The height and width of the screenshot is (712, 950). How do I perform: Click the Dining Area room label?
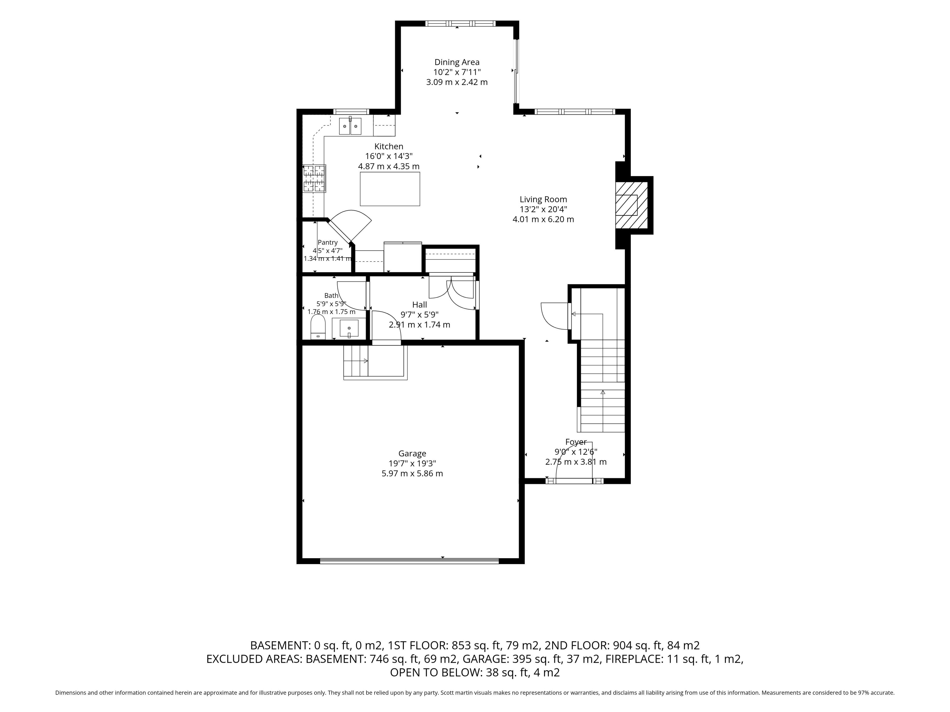point(457,62)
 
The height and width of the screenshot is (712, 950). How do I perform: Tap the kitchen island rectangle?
point(390,189)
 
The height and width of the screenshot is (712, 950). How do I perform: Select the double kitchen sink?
point(350,126)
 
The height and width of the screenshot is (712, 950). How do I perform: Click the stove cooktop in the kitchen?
point(314,178)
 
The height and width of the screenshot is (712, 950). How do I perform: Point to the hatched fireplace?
point(631,205)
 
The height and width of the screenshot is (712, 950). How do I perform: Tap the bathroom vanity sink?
point(349,328)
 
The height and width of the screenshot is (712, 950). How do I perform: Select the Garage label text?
point(412,454)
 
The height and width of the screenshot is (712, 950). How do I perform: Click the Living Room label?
point(543,200)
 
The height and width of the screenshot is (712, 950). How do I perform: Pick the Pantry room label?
point(328,243)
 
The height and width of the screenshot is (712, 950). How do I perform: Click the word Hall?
point(420,305)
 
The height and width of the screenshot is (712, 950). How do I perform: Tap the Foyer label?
point(576,442)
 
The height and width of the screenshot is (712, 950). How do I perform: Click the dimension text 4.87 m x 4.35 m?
point(389,167)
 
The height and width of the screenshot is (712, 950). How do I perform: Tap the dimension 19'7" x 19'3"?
point(412,464)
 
